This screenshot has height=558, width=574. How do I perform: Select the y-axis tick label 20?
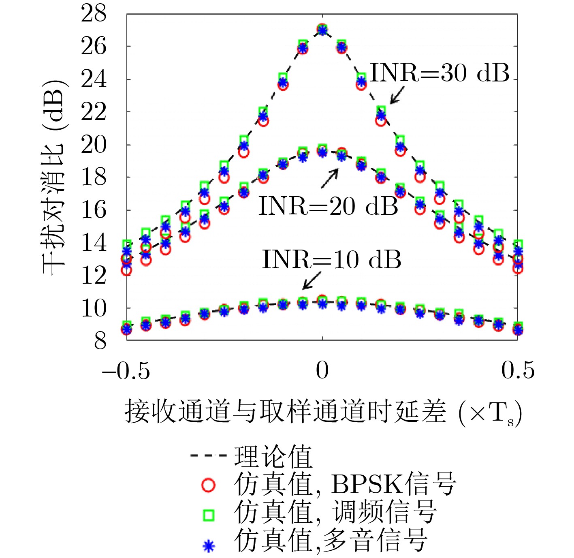click(94, 145)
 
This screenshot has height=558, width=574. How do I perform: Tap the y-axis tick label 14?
click(94, 243)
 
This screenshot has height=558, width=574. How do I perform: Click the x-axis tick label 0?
click(322, 370)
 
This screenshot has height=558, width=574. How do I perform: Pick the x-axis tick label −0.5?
click(126, 370)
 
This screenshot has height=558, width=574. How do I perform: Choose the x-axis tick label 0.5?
click(518, 370)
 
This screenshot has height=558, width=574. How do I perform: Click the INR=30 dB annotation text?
click(440, 73)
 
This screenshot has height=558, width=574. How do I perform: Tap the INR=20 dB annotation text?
click(328, 206)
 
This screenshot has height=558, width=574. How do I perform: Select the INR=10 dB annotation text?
click(331, 260)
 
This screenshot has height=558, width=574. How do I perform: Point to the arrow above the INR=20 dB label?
click(330, 178)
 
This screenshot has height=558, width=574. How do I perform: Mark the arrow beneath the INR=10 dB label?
click(312, 280)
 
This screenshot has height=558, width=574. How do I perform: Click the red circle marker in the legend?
click(208, 485)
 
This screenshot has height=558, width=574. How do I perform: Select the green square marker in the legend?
click(208, 515)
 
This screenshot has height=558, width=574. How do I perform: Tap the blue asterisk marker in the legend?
click(208, 545)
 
